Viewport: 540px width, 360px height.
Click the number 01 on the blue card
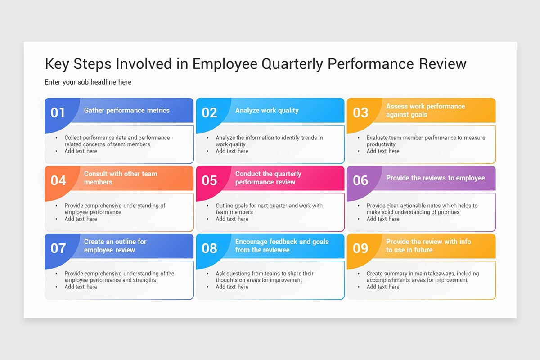click(58, 112)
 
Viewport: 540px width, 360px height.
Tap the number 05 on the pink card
click(209, 180)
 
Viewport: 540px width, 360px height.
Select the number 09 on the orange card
click(360, 248)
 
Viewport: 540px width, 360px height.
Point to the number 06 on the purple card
click(360, 180)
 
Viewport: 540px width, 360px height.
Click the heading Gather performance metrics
click(127, 110)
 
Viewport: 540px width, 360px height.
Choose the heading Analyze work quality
click(267, 110)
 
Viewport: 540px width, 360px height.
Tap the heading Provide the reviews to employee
click(435, 178)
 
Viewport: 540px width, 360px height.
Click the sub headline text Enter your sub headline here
click(88, 82)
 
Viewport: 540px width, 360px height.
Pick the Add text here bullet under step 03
click(383, 151)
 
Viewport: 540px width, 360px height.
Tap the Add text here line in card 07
click(81, 287)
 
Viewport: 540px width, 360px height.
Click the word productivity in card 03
click(381, 144)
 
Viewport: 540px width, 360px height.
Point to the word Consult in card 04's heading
click(96, 174)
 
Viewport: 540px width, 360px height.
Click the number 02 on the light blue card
click(209, 112)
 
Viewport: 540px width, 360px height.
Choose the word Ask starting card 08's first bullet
click(220, 274)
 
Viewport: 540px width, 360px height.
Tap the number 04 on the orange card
click(58, 180)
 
